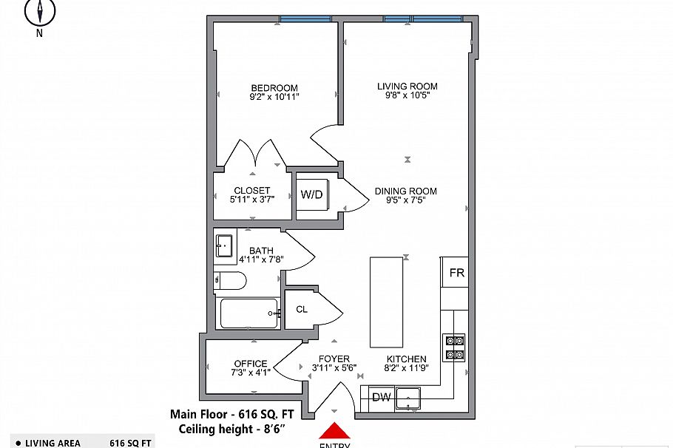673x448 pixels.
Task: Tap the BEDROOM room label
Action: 274,87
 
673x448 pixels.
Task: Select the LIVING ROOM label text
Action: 407,86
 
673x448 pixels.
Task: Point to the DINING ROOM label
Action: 405,191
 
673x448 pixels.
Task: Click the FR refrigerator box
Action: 456,274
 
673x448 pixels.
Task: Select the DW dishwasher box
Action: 381,398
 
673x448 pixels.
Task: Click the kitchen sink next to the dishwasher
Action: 409,400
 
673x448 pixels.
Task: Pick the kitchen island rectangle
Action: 387,302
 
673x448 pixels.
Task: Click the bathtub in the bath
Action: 249,313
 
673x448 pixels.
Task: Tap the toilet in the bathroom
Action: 230,281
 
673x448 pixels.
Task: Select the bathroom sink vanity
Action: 225,245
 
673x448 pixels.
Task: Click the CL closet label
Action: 302,310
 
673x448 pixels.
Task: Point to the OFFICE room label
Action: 251,364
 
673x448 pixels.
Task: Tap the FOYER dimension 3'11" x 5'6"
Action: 334,368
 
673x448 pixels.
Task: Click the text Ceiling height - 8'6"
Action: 231,428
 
